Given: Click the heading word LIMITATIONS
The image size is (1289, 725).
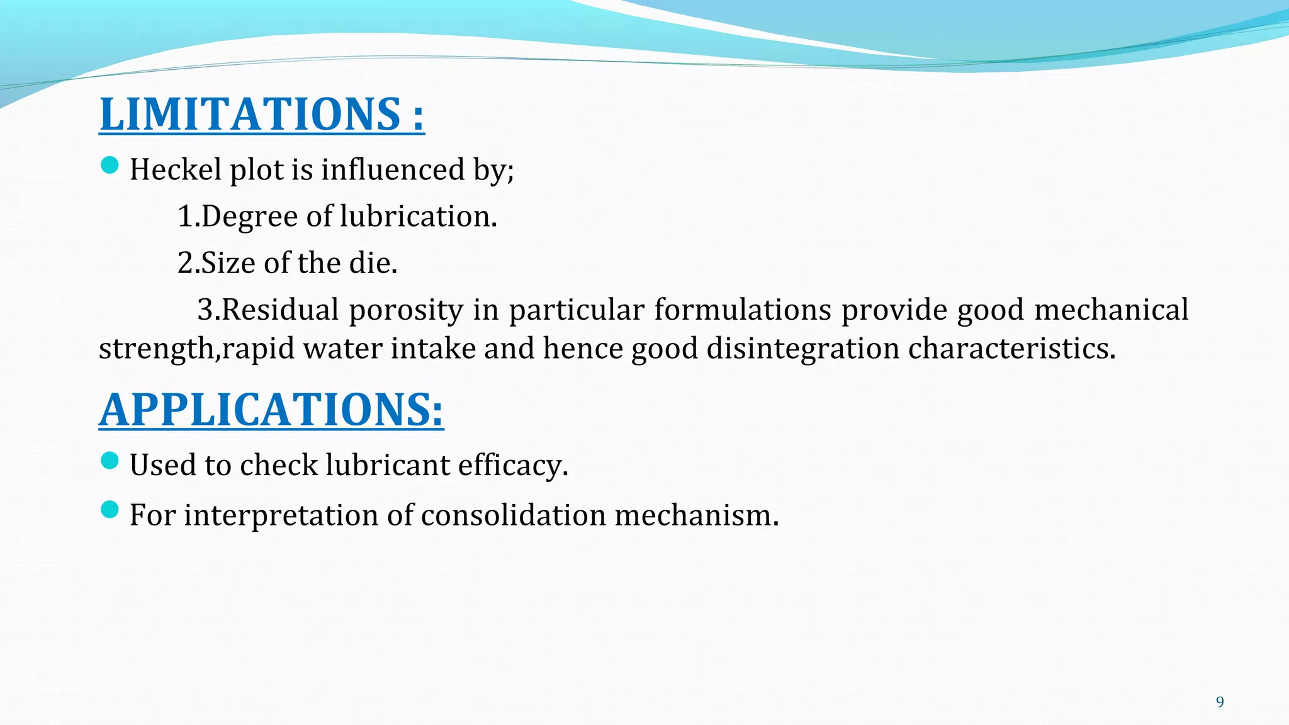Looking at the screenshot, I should (250, 115).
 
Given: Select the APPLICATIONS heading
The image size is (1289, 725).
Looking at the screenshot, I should (271, 410).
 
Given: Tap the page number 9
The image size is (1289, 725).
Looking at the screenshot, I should (1220, 702).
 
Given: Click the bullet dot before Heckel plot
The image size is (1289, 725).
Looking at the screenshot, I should (110, 166).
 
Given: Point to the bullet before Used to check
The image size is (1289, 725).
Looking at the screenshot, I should (110, 461).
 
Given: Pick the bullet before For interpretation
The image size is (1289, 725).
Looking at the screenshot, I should (110, 510).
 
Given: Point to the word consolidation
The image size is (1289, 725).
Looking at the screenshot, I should (513, 515).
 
